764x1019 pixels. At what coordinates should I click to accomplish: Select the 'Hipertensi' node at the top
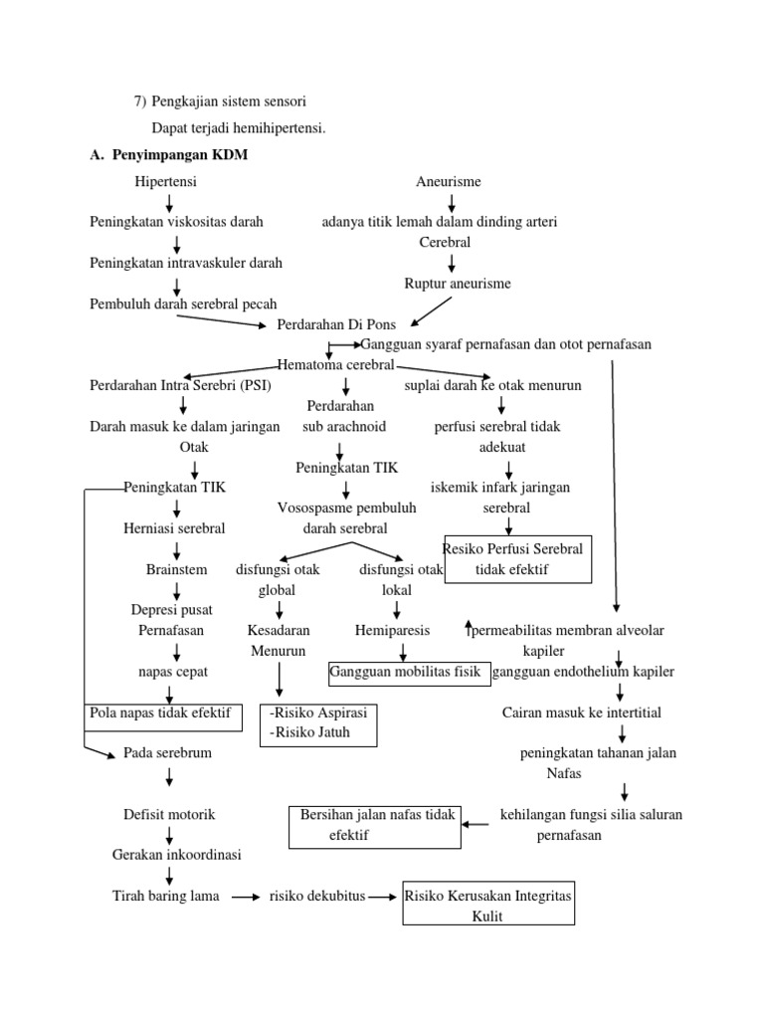pyautogui.click(x=166, y=181)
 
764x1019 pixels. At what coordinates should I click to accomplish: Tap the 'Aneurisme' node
pyautogui.click(x=448, y=181)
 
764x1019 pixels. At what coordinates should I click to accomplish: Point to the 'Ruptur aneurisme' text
pyautogui.click(x=457, y=284)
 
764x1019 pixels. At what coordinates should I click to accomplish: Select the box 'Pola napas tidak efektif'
pyautogui.click(x=162, y=714)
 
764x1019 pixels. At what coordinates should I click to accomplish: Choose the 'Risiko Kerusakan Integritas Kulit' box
pyautogui.click(x=487, y=906)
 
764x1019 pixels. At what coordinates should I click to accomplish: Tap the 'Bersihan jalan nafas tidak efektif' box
pyautogui.click(x=375, y=826)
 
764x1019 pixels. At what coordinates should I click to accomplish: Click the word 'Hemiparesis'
pyautogui.click(x=392, y=631)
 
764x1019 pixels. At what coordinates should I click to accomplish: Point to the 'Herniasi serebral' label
pyautogui.click(x=174, y=528)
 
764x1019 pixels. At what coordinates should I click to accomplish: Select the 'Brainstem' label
pyautogui.click(x=176, y=570)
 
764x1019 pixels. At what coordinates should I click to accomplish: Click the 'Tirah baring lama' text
pyautogui.click(x=166, y=896)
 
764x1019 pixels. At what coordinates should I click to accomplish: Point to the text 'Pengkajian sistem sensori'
pyautogui.click(x=229, y=101)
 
